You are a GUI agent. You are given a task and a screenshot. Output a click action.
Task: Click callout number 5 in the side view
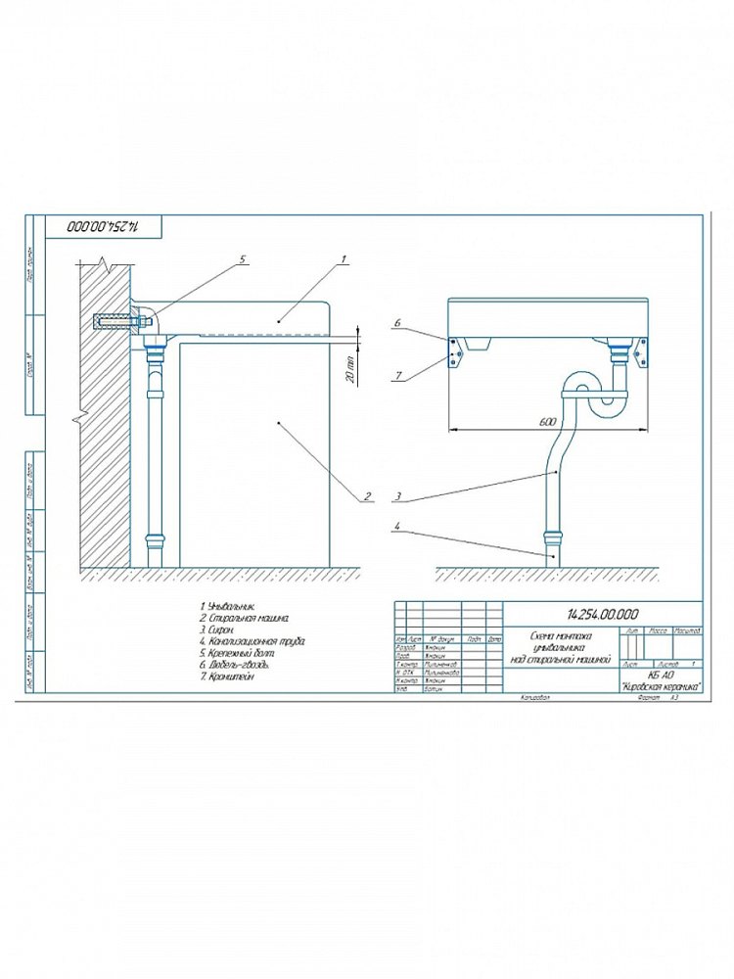[244, 260]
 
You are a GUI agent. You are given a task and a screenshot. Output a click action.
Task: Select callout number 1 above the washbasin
[344, 260]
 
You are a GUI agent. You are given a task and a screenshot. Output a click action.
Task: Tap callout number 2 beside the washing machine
[366, 495]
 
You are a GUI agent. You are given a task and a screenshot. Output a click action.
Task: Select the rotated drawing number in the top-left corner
[101, 226]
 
